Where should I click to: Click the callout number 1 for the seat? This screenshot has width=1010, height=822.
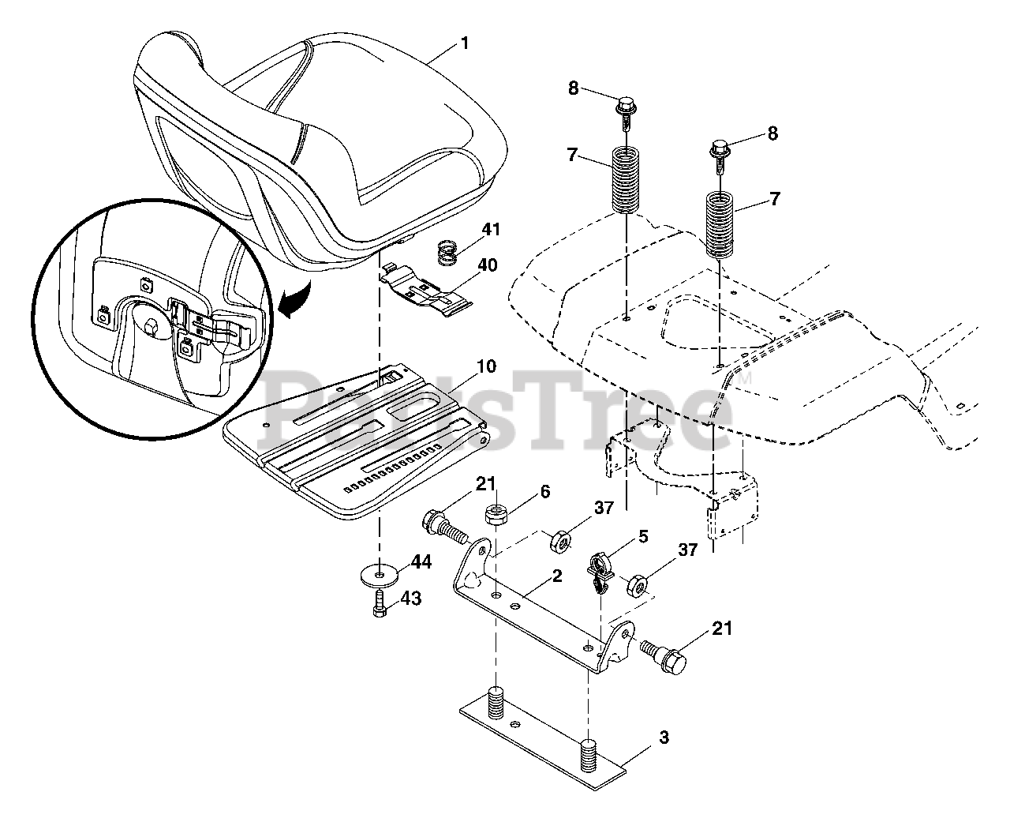coord(465,43)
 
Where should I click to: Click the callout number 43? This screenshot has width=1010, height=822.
coord(411,599)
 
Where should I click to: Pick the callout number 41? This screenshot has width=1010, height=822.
coord(492,230)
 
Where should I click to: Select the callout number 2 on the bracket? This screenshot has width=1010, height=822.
coord(557,576)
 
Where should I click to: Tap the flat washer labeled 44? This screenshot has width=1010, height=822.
coord(380,572)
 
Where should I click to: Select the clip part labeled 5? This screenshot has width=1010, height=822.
coord(601,574)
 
